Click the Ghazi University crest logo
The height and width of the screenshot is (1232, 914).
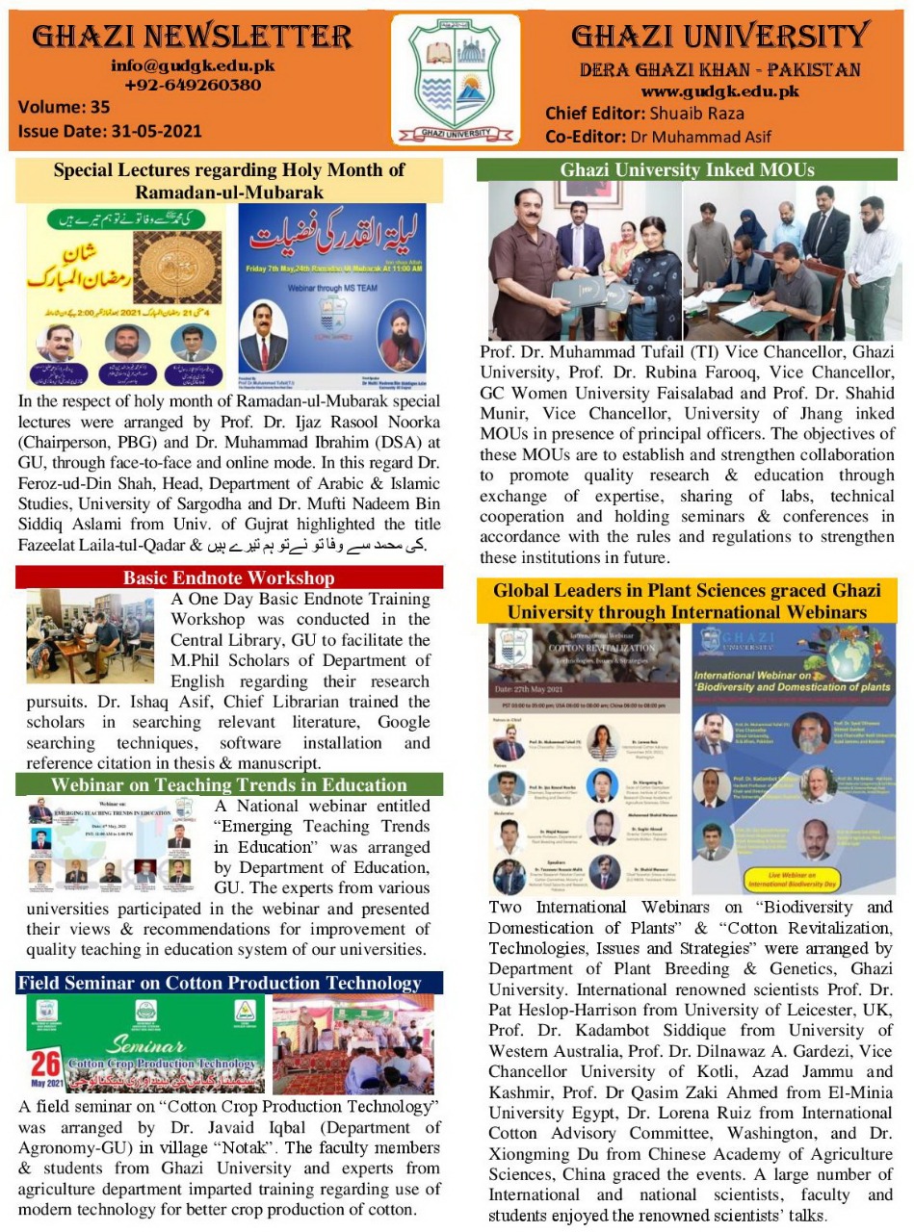[x=456, y=80]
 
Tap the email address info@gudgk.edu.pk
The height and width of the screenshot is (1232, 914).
[x=193, y=66]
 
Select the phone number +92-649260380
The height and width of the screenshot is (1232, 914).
[x=193, y=85]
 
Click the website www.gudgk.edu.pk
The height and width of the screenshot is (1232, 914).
[x=720, y=91]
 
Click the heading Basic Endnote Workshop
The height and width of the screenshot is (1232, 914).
[x=229, y=577]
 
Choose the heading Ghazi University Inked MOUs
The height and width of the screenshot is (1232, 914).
[x=687, y=170]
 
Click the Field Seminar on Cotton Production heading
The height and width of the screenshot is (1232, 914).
[x=220, y=983]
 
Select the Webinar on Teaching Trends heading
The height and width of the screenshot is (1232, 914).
[x=229, y=784]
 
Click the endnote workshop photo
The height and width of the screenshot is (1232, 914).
[x=91, y=636]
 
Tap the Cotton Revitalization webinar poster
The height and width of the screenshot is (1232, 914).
[x=584, y=760]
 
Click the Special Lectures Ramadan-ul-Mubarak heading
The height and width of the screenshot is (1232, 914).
[x=229, y=181]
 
